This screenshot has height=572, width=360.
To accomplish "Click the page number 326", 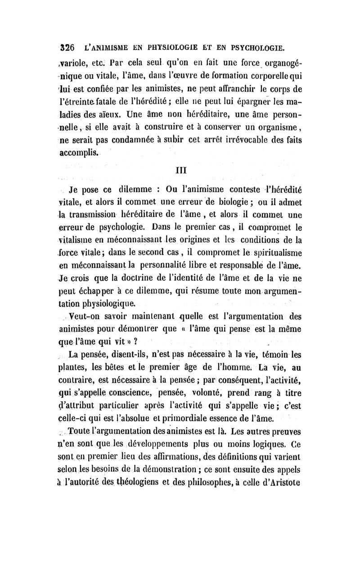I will tap(68, 46).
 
